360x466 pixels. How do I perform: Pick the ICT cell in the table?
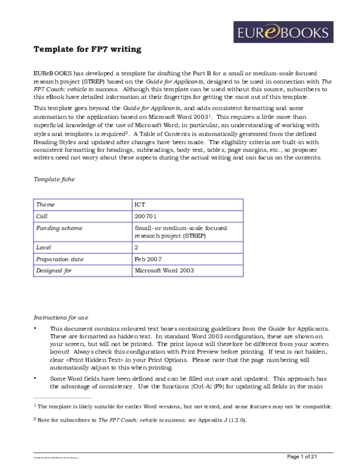pyautogui.click(x=140, y=205)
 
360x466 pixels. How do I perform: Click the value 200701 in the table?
pyautogui.click(x=145, y=216)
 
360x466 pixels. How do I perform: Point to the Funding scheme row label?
pyautogui.click(x=60, y=228)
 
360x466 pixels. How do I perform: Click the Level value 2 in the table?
pyautogui.click(x=137, y=247)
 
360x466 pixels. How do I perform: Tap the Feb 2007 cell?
pyautogui.click(x=148, y=259)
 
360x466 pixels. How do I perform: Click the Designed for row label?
pyautogui.click(x=55, y=271)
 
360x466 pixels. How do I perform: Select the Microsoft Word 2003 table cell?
pyautogui.click(x=165, y=271)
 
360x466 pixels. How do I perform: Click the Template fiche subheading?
pyautogui.click(x=54, y=180)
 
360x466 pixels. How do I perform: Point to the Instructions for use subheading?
pyautogui.click(x=61, y=317)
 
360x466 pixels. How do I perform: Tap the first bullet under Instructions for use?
pyautogui.click(x=36, y=330)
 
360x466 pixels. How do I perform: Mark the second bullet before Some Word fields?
pyautogui.click(x=36, y=379)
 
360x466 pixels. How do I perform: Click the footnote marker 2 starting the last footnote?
pyautogui.click(x=35, y=420)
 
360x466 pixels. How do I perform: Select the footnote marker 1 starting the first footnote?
pyautogui.click(x=35, y=405)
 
